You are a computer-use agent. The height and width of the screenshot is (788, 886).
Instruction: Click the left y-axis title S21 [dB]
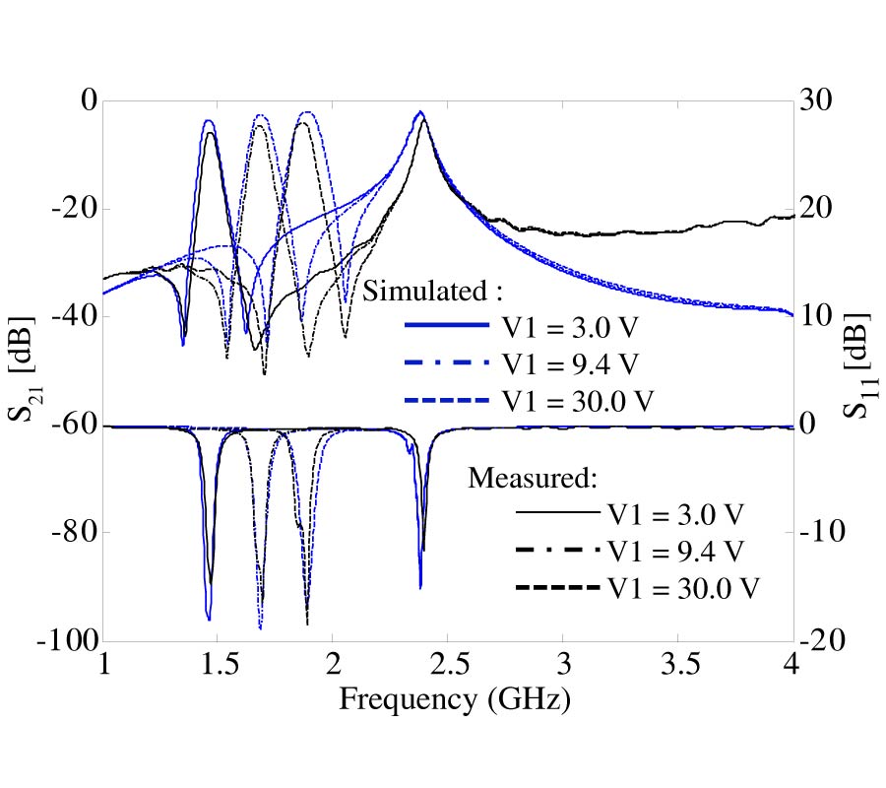click(x=24, y=369)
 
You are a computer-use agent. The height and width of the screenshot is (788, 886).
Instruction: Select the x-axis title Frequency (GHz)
click(x=455, y=699)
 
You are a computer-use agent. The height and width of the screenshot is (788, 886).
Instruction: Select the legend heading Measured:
click(x=533, y=478)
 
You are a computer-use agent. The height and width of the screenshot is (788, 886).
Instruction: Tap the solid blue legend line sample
click(x=446, y=325)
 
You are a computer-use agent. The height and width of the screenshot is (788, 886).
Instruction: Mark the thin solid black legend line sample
click(x=556, y=512)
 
